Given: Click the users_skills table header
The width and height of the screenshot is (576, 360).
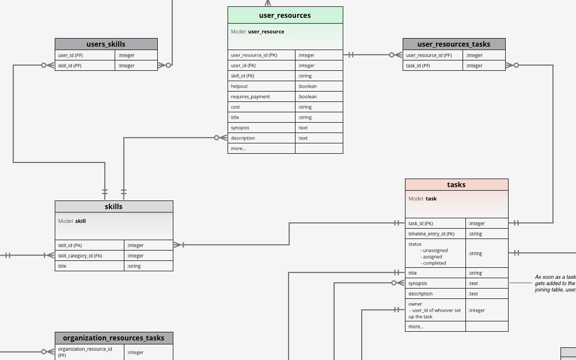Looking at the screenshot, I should click(106, 44).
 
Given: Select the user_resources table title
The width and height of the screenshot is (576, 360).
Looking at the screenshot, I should click(285, 16).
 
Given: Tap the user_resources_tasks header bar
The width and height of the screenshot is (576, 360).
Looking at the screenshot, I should click(454, 44).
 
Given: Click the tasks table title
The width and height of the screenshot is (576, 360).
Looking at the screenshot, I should click(456, 185).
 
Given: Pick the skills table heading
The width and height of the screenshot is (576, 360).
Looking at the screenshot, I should click(114, 207).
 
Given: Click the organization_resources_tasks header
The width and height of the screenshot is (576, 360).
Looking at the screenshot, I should click(114, 338).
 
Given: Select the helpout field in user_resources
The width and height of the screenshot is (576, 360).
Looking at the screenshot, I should click(239, 86).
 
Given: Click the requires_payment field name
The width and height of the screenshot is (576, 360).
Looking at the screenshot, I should click(250, 97).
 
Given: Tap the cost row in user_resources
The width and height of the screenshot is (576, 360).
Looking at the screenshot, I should click(235, 107).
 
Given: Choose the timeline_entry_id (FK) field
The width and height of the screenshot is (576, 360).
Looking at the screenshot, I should click(431, 234).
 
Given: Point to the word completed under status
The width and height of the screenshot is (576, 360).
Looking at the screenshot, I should click(434, 263).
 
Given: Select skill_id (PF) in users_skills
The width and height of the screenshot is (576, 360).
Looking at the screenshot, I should click(70, 66).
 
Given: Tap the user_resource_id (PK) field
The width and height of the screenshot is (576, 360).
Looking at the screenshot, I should click(254, 55).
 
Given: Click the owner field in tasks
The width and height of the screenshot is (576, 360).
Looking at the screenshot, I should click(415, 304).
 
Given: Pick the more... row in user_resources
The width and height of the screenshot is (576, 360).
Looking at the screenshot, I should click(238, 149).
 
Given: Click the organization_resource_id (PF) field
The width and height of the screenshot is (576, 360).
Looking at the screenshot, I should click(85, 352).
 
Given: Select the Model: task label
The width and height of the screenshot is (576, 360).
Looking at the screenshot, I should click(423, 199).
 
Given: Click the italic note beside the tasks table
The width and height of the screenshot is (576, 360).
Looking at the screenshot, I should click(555, 283).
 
